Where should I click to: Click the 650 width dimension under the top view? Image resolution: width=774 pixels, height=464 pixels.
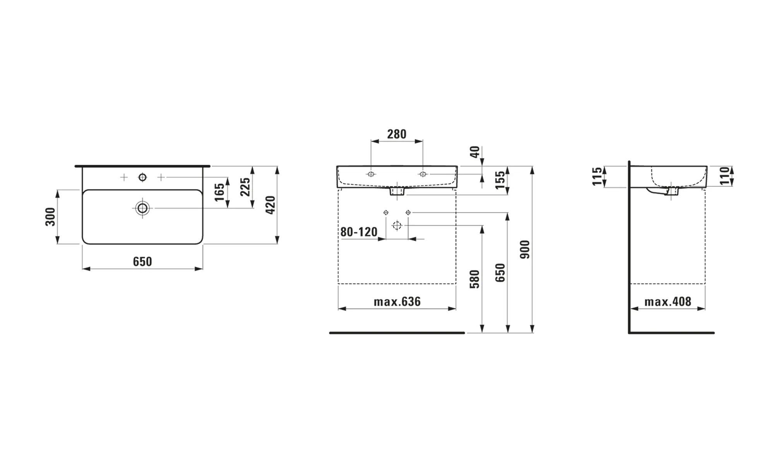pos(142,261)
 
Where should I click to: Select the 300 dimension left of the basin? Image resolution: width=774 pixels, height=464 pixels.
pos(51,217)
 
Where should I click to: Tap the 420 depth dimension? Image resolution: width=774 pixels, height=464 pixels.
pos(271,205)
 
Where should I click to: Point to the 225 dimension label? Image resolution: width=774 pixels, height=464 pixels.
pos(245,187)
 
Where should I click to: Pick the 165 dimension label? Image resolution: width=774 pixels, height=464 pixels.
pos(219,192)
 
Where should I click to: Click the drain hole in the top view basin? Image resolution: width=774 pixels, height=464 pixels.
pos(142,208)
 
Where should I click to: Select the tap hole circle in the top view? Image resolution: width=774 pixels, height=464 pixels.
pos(142,177)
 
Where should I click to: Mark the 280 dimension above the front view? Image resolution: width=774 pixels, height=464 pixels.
pos(397,134)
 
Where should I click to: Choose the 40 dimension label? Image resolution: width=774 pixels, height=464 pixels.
pos(475,152)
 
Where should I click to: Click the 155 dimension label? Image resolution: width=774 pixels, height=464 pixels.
pos(500,180)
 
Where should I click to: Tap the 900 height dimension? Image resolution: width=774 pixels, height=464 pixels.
pos(525,249)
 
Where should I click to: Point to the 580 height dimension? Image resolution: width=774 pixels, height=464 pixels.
pos(474,279)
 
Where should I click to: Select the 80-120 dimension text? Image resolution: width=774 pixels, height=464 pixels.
pos(359,232)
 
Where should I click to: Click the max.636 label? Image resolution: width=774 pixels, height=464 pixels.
pos(397,302)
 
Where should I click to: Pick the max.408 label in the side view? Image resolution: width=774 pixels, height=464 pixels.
pos(668,302)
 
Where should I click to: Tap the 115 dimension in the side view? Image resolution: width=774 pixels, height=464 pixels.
pos(598,176)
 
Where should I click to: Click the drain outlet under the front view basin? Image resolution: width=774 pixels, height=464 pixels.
pos(397,191)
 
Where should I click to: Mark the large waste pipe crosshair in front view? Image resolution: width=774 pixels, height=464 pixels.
pos(397,225)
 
